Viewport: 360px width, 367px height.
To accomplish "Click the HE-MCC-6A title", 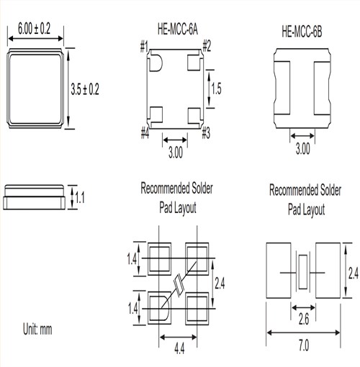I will pos(176,31).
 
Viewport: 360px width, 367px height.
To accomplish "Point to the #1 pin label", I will pos(144,48).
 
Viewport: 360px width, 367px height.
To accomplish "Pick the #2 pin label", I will pos(207,48).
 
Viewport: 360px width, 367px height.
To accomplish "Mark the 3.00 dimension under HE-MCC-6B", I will pos(303,149).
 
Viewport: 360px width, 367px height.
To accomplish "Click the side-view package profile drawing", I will pos(36,195).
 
